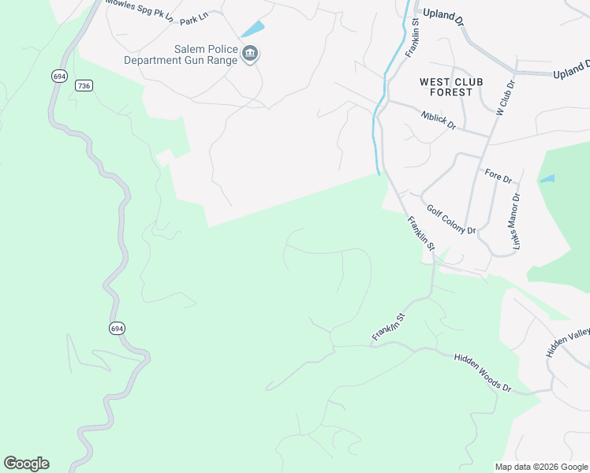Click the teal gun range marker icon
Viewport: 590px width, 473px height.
click(x=251, y=54)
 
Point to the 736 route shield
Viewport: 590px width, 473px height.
click(x=84, y=85)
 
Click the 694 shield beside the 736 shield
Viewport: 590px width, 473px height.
click(x=59, y=76)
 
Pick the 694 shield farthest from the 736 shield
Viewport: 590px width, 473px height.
click(x=116, y=328)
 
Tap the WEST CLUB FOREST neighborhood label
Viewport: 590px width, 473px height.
click(x=446, y=87)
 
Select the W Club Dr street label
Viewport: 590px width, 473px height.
click(x=504, y=96)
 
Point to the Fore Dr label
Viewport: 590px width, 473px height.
click(x=499, y=173)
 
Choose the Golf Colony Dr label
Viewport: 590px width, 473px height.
click(x=451, y=220)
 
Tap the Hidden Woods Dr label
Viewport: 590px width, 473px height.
click(x=483, y=373)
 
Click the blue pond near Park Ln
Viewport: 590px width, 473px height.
click(x=252, y=29)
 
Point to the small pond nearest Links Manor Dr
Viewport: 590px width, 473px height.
click(x=547, y=179)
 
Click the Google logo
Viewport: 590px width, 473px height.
click(x=26, y=464)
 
